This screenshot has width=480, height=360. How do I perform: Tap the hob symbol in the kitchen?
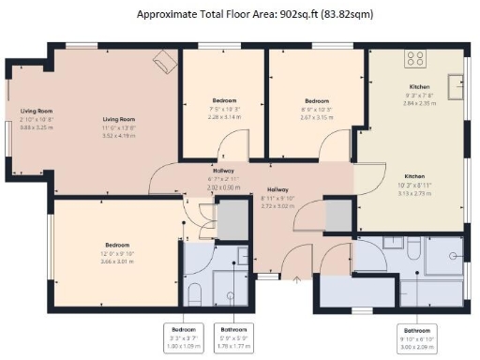click(x=413, y=60)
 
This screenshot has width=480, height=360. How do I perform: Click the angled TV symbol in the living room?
click(x=163, y=62)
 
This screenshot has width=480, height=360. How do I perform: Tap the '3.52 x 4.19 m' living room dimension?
click(x=119, y=135)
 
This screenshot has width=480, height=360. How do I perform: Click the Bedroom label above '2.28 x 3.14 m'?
click(x=224, y=100)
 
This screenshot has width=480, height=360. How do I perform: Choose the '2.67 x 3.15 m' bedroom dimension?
click(x=317, y=118)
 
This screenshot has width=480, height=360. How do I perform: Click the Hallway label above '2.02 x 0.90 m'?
click(x=223, y=172)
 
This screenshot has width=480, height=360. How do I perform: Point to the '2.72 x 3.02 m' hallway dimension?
click(x=278, y=203)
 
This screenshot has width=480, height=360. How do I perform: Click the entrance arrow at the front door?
click(x=297, y=277)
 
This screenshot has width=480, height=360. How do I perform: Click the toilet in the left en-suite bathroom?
click(x=194, y=294)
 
